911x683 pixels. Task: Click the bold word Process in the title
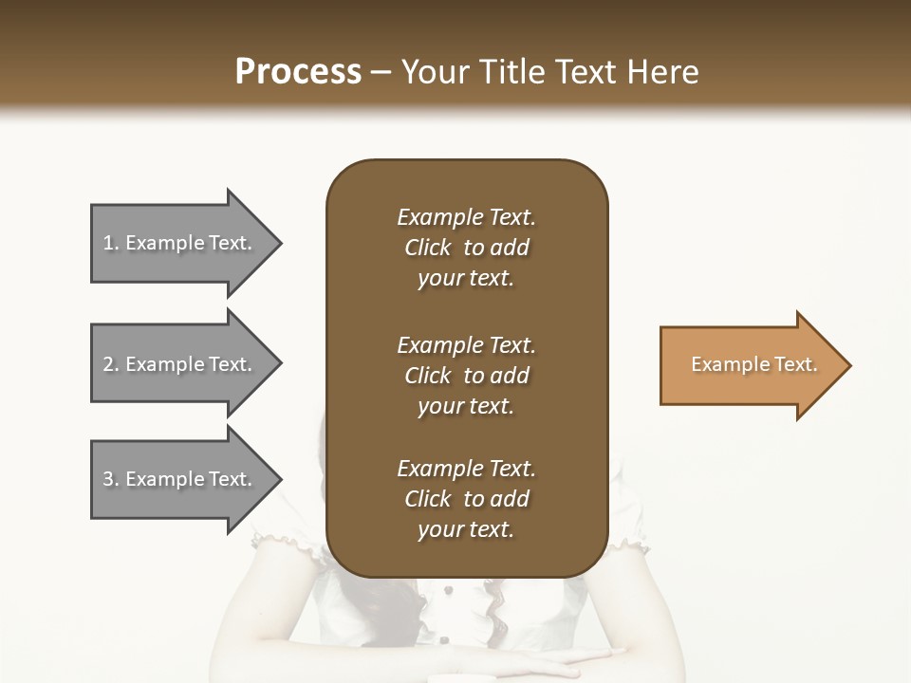[298, 71]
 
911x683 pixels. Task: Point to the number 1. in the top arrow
[111, 243]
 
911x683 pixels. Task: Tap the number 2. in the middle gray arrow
[111, 364]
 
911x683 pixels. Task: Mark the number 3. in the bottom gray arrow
[111, 479]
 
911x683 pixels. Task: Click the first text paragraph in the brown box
[466, 248]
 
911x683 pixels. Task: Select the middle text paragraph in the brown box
[466, 376]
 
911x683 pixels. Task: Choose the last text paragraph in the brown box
[466, 499]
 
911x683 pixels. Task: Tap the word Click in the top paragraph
[427, 248]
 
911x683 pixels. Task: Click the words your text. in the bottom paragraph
[465, 529]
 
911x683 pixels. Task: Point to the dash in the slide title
[381, 72]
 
